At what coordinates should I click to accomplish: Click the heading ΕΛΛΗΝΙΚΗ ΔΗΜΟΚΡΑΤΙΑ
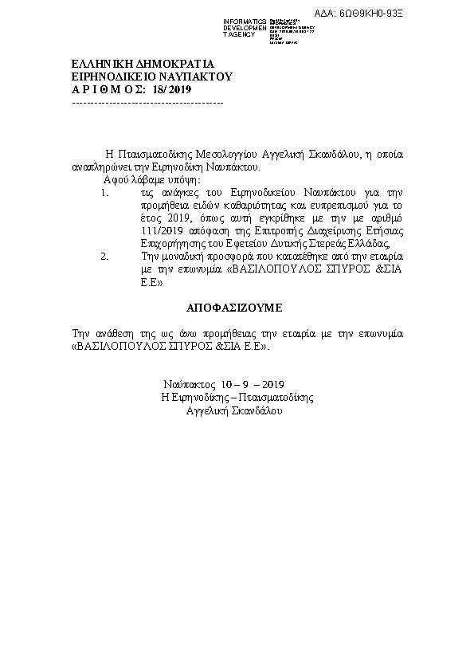(x=143, y=63)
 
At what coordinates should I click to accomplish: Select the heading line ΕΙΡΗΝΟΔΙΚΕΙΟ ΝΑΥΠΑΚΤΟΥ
(x=151, y=77)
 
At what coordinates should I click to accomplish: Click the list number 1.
(x=104, y=193)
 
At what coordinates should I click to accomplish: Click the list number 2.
(x=104, y=257)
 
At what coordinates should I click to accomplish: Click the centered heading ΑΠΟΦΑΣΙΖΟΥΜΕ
(x=235, y=307)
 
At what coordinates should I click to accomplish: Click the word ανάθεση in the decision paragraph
(x=112, y=333)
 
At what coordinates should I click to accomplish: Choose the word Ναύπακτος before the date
(x=191, y=384)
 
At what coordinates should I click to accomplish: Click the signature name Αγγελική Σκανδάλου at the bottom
(x=233, y=410)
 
